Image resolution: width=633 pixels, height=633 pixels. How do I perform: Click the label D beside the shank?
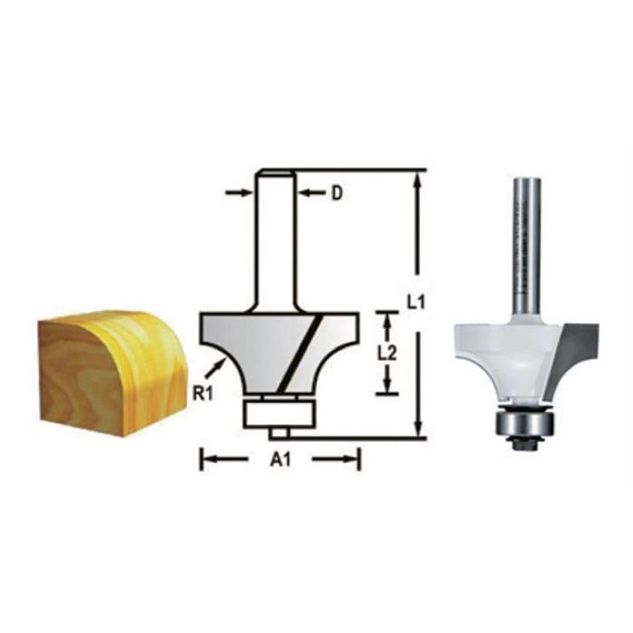(x=336, y=193)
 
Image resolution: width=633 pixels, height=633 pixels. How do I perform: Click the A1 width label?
(x=280, y=460)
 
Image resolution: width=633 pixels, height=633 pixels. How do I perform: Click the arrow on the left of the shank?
(x=239, y=193)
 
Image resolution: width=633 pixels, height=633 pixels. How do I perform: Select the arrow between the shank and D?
(x=311, y=193)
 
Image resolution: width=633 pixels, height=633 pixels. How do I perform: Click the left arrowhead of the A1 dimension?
(x=206, y=459)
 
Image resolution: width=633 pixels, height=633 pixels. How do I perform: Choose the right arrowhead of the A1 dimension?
(x=354, y=459)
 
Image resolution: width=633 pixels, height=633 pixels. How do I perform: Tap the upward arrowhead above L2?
(x=388, y=318)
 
